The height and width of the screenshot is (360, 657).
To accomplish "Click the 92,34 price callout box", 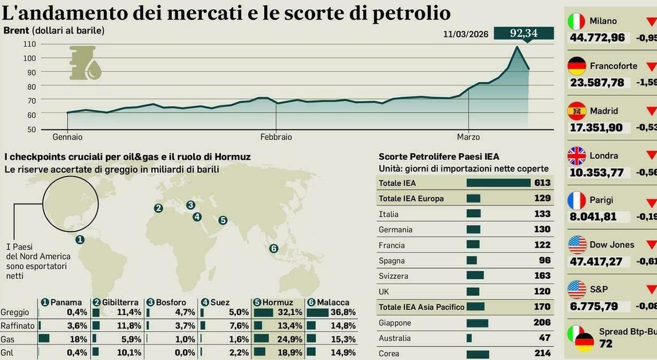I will coord(524,33).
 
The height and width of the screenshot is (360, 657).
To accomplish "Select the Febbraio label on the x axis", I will coord(276,137).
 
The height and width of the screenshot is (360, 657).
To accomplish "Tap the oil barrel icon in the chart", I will coord(85,63).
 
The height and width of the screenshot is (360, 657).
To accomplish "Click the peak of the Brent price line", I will coord(517,47).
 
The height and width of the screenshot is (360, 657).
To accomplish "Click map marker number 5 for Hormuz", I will coord(223,220).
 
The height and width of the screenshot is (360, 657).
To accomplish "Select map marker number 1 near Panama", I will coord(80,239).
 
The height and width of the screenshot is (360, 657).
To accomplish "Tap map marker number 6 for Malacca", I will coord(274,249).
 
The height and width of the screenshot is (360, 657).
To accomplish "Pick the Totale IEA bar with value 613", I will coord(498,183).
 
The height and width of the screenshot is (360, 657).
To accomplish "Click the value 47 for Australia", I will coord(545,338).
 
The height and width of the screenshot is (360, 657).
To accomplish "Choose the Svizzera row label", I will coord(393,276).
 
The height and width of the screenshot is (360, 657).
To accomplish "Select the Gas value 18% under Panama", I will coord(78,339).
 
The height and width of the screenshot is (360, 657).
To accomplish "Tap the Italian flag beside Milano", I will coord(576,21).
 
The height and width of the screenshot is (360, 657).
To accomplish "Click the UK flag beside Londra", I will coord(576,156).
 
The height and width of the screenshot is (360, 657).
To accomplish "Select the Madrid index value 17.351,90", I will coord(596,127).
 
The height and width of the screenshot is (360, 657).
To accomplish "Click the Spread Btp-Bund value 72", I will coord(606,344).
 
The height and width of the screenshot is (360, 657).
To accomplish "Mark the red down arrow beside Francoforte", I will coord(651,66).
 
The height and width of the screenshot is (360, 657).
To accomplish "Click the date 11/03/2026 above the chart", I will coord(466,34).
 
